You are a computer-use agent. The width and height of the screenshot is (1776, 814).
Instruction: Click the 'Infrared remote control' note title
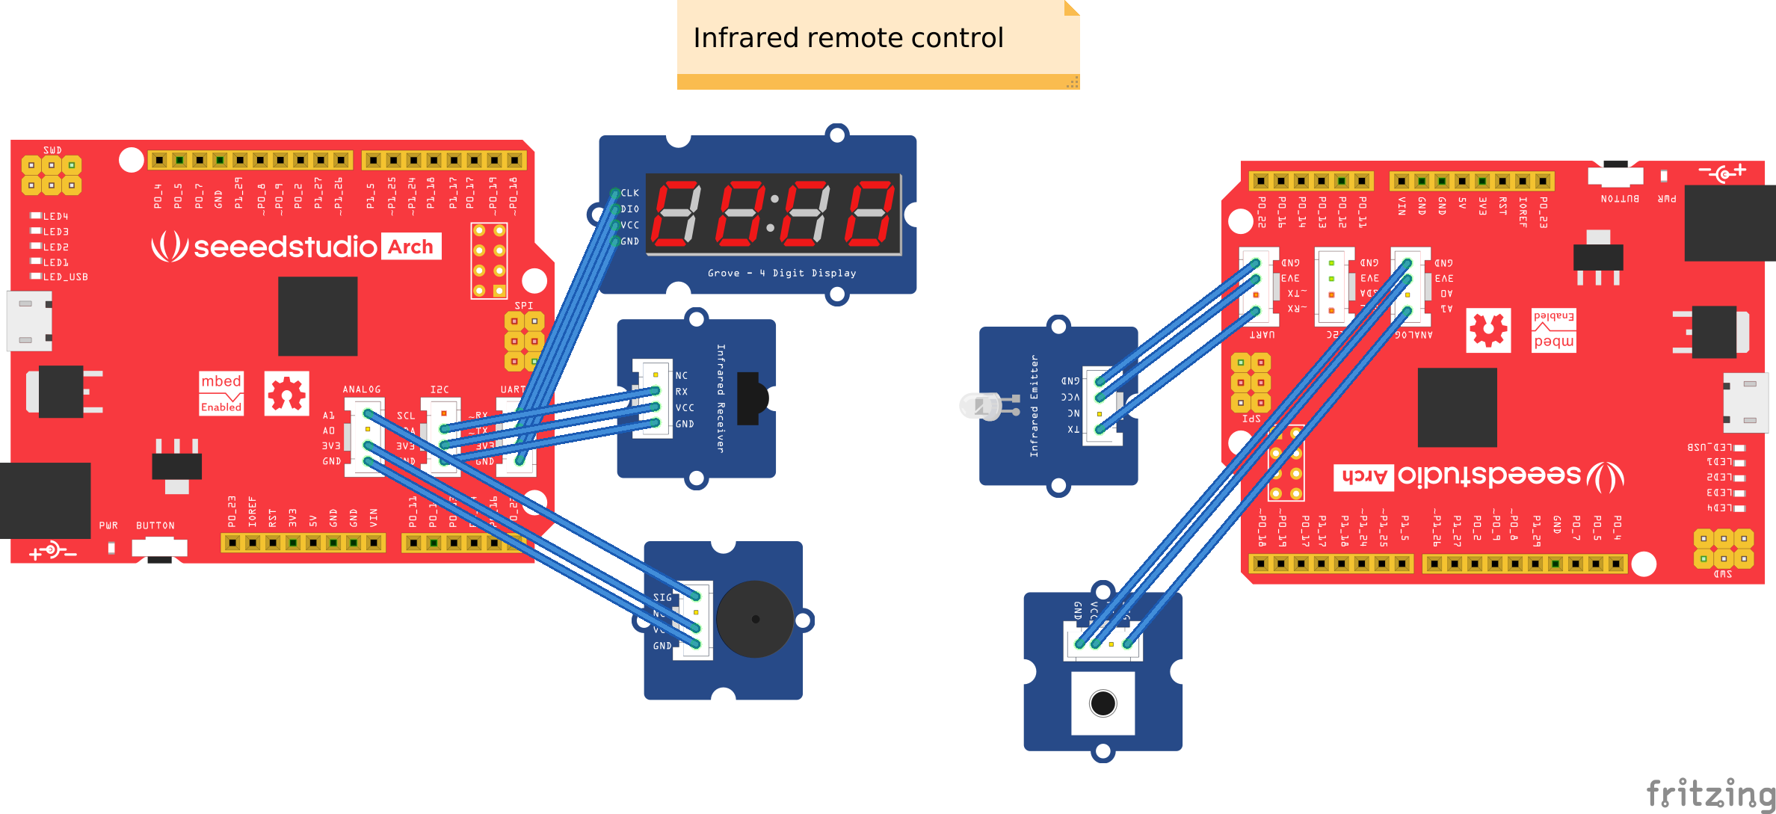point(848,38)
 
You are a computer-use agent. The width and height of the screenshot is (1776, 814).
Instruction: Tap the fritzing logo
point(1709,794)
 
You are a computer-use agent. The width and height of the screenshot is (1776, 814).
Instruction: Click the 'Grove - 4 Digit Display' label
point(782,274)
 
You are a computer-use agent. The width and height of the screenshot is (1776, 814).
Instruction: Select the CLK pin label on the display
point(630,193)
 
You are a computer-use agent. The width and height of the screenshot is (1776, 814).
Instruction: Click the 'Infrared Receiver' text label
point(721,398)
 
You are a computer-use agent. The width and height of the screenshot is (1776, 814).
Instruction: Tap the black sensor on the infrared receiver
point(750,398)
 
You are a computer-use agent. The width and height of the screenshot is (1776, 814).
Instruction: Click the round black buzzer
point(755,619)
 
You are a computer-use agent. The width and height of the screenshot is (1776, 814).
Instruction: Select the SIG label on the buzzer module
point(662,597)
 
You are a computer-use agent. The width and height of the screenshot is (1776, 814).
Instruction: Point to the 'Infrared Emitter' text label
point(1035,406)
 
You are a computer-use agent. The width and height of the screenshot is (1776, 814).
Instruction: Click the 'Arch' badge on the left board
point(411,247)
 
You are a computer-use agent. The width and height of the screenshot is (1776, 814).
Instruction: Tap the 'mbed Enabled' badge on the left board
point(221,393)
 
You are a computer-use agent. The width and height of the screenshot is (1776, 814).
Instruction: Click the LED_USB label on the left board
point(65,277)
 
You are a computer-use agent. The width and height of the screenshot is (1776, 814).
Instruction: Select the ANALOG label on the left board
point(362,389)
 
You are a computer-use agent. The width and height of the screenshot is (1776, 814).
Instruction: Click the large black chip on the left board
point(318,316)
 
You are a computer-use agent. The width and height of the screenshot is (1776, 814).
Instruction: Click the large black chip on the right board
point(1457,407)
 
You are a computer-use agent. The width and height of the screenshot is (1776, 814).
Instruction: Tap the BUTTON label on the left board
point(155,525)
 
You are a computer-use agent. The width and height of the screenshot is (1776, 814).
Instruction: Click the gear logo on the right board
point(1488,330)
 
